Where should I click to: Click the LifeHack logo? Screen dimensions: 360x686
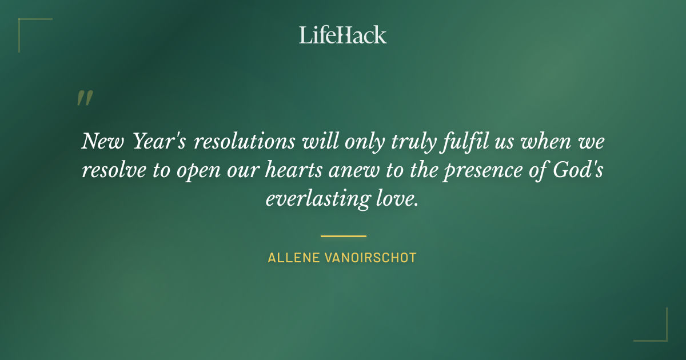[343, 35]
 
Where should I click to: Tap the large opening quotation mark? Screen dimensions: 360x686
[84, 98]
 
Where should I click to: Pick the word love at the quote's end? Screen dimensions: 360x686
[395, 200]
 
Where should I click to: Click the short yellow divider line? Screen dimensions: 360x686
[343, 235]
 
